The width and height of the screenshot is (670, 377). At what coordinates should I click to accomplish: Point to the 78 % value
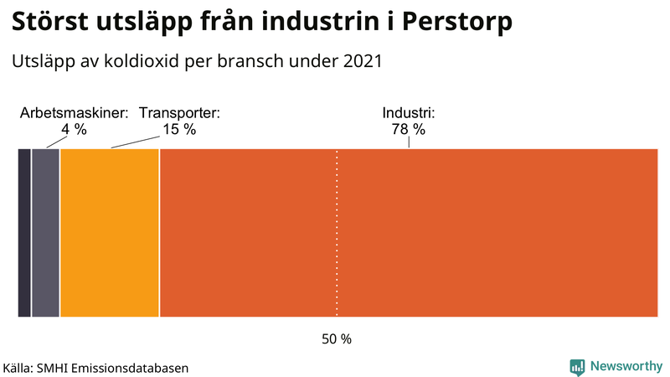point(409,130)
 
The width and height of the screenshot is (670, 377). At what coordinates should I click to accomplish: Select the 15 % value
point(179,130)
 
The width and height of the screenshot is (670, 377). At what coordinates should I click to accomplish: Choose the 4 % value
point(75,130)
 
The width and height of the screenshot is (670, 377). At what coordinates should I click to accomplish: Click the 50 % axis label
point(337,339)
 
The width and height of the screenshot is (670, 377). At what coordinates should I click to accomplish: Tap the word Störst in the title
point(53,23)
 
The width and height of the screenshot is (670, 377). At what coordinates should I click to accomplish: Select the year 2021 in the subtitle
point(363,61)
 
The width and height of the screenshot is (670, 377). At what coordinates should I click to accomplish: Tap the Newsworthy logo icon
point(577,366)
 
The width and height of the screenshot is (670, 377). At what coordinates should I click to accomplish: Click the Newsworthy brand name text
point(626,366)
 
